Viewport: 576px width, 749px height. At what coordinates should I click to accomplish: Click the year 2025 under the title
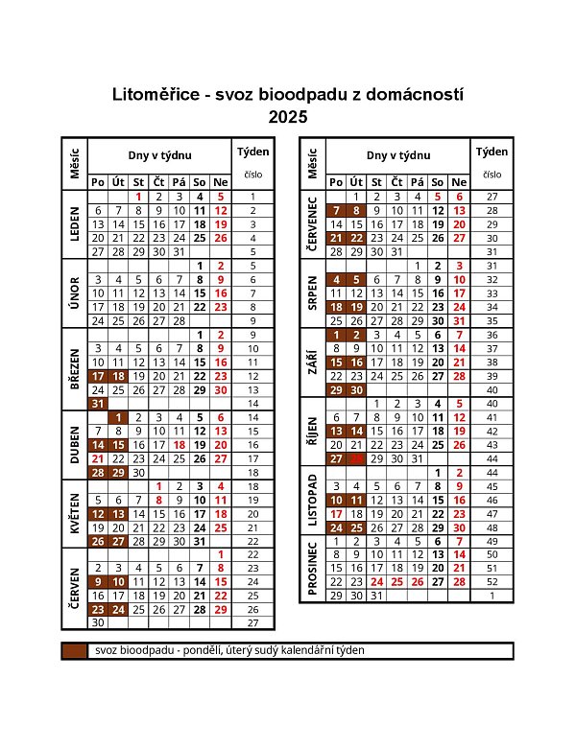tap(288, 118)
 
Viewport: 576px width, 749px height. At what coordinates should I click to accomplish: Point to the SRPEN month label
tap(312, 293)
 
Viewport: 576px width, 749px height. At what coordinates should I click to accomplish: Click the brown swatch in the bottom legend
tap(74, 651)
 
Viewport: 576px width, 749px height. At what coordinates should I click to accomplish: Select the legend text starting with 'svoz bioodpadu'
tap(230, 651)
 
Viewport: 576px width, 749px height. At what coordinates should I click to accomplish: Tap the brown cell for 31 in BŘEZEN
tap(97, 404)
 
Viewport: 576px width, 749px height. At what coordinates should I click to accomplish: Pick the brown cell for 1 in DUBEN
tap(118, 417)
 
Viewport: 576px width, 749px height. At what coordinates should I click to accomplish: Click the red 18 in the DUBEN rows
tap(180, 445)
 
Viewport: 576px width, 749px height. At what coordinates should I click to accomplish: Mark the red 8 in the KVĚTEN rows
tap(159, 500)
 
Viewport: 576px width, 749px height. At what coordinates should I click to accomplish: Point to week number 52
tap(492, 581)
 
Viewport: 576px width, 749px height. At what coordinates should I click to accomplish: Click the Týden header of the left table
tap(252, 153)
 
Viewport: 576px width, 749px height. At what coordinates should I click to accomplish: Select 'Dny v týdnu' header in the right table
tap(398, 155)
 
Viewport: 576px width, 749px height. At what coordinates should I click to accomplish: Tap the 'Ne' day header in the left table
tap(220, 181)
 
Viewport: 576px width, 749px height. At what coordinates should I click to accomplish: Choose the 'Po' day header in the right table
tap(336, 181)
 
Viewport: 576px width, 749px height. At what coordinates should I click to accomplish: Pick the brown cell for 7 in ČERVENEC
tap(336, 210)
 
